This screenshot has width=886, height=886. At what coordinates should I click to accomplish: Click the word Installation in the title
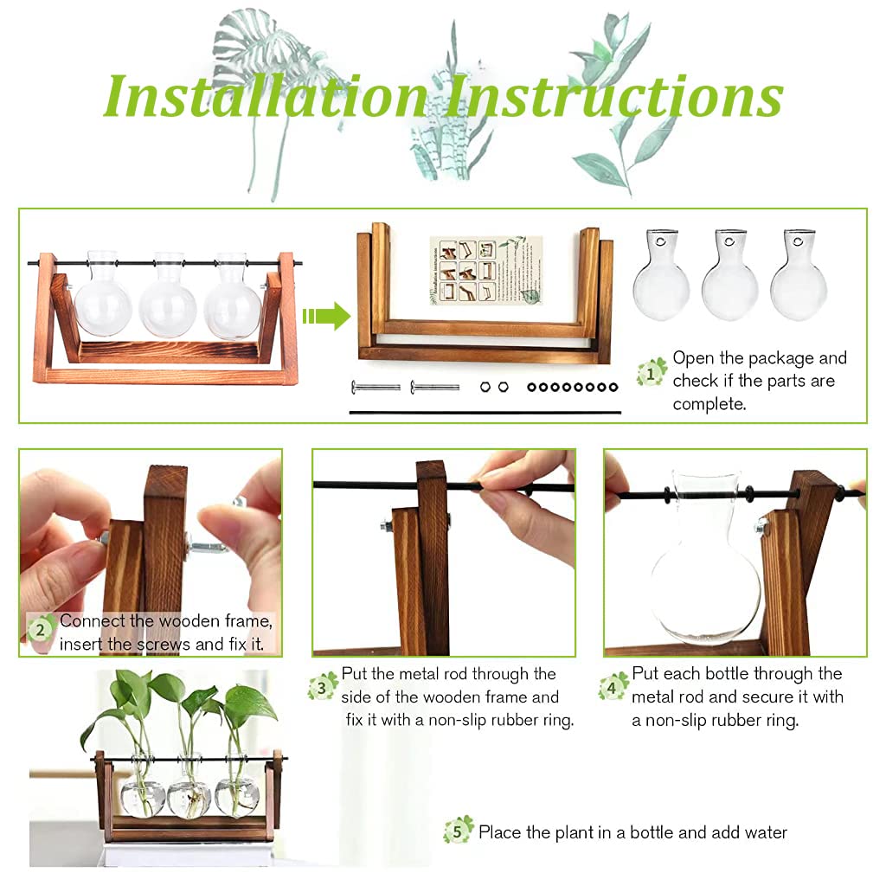[264, 95]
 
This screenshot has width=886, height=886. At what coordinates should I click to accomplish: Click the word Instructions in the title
[613, 95]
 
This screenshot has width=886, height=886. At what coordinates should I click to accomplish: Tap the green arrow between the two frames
[325, 317]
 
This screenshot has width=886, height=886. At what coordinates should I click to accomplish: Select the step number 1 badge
[652, 372]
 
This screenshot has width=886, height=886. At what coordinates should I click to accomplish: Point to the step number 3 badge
[322, 687]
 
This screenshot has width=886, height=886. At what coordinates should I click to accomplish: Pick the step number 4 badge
[613, 687]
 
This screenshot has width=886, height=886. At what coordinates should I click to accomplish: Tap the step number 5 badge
[459, 830]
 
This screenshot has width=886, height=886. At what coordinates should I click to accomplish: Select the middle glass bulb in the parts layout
[729, 277]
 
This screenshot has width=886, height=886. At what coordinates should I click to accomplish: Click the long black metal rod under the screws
[485, 413]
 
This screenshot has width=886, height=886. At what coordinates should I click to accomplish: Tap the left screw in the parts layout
[376, 386]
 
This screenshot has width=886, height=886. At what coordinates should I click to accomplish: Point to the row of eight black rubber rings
[573, 387]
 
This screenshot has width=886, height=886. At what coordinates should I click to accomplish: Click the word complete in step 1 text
[709, 404]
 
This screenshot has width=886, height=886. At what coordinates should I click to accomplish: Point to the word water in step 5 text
[761, 832]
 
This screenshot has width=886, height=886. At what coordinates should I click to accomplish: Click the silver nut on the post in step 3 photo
[384, 524]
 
